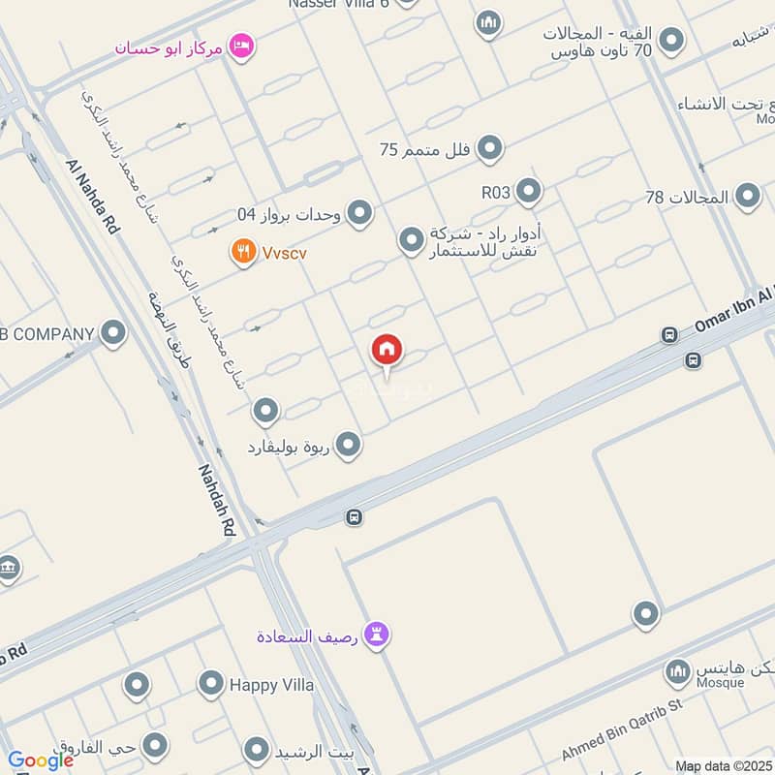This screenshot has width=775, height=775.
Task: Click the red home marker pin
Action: [387, 351]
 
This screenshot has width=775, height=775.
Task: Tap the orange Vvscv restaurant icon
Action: [243, 253]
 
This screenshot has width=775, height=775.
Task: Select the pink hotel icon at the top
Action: [241, 45]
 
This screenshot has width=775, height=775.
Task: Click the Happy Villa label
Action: [271, 685]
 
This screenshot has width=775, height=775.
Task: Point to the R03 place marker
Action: [528, 191]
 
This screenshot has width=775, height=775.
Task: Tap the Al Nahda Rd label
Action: [93, 198]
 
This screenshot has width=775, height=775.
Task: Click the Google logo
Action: [41, 760]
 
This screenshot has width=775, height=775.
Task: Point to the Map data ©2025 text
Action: [722, 765]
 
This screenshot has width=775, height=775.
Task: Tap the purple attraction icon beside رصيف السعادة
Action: [379, 635]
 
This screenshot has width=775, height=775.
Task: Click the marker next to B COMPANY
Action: [113, 334]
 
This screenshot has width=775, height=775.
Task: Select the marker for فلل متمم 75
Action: [491, 148]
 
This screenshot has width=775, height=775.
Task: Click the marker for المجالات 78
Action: [747, 197]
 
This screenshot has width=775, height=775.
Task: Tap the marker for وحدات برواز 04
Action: [359, 212]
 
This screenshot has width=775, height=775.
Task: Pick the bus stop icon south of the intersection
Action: [354, 517]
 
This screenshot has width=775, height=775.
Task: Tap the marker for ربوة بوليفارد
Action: [349, 446]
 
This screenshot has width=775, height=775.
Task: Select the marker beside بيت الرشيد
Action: [257, 750]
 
